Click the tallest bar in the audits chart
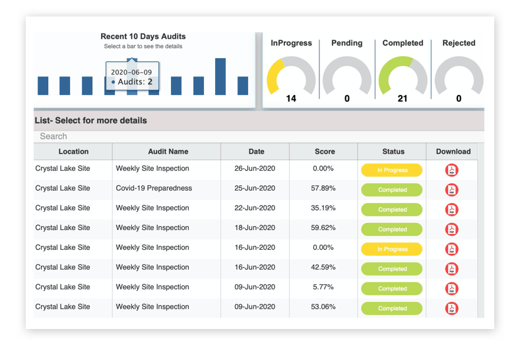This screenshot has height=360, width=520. click(x=220, y=76)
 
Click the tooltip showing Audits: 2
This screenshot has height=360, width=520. click(x=132, y=76)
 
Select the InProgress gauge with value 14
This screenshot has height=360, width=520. click(x=291, y=80)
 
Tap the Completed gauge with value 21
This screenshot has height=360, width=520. click(x=403, y=80)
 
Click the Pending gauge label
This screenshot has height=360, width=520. click(x=347, y=43)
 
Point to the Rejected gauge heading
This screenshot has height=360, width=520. click(x=459, y=43)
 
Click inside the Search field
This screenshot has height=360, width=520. click(x=257, y=136)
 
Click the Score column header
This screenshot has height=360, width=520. click(x=325, y=152)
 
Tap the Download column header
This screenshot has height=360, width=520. click(x=453, y=152)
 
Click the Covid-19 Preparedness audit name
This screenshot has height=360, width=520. click(x=154, y=189)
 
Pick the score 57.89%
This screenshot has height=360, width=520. click(x=324, y=189)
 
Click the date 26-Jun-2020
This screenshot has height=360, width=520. click(x=255, y=169)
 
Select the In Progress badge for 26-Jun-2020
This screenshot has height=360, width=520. click(x=392, y=170)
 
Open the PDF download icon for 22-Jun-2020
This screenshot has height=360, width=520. click(x=452, y=210)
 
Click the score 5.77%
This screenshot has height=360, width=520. click(x=324, y=287)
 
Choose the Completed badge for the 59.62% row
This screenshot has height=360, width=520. click(x=392, y=229)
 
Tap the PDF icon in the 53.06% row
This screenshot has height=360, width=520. click(x=452, y=309)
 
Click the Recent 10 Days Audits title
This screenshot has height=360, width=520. click(x=143, y=36)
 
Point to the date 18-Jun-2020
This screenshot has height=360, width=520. click(x=255, y=228)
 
